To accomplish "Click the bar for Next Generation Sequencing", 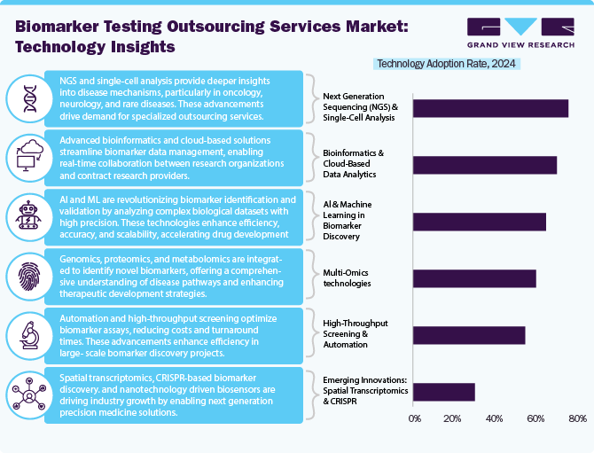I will [490, 108].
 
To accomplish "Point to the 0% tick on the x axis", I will [414, 418].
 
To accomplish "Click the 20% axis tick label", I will [455, 418].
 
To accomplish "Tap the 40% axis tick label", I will [496, 418].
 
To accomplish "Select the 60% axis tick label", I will [536, 418].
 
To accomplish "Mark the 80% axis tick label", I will [576, 418].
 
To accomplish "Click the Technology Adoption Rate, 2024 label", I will [447, 63].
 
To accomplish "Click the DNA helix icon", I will [28, 98].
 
